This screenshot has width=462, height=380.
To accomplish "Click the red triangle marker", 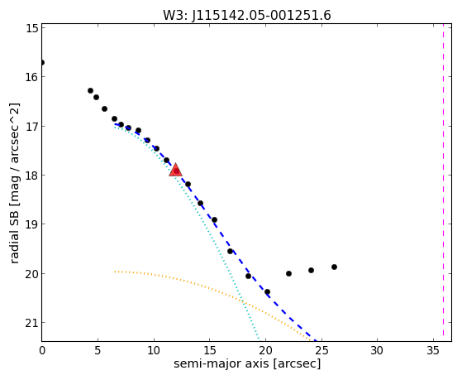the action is (x=175, y=170).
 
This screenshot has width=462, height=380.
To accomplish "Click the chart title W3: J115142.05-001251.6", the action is (x=247, y=15).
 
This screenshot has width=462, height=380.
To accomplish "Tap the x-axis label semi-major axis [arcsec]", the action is (x=247, y=363).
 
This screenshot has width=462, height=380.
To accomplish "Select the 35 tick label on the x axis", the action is (x=433, y=350).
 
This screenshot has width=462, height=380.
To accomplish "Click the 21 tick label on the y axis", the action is (x=32, y=323).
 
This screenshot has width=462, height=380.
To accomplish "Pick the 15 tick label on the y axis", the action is (x=32, y=28).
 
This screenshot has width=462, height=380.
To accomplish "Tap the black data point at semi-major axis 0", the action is (x=42, y=63).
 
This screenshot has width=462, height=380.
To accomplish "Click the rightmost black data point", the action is (x=334, y=267).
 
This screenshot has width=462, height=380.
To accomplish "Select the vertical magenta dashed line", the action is (x=443, y=183).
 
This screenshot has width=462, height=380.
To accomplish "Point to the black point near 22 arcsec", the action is (x=288, y=274).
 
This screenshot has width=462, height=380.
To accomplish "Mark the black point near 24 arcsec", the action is (x=311, y=270).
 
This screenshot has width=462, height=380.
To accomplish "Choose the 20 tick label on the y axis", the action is (x=32, y=274).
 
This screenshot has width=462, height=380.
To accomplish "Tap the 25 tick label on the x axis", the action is (x=321, y=350).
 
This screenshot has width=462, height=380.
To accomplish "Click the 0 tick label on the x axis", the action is (x=42, y=350).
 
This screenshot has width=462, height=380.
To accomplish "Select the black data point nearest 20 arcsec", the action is (x=267, y=292).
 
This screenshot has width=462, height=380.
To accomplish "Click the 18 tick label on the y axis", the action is (x=32, y=176).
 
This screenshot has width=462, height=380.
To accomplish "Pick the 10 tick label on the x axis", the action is (x=154, y=350).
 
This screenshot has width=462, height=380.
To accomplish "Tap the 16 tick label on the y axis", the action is (x=32, y=77).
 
